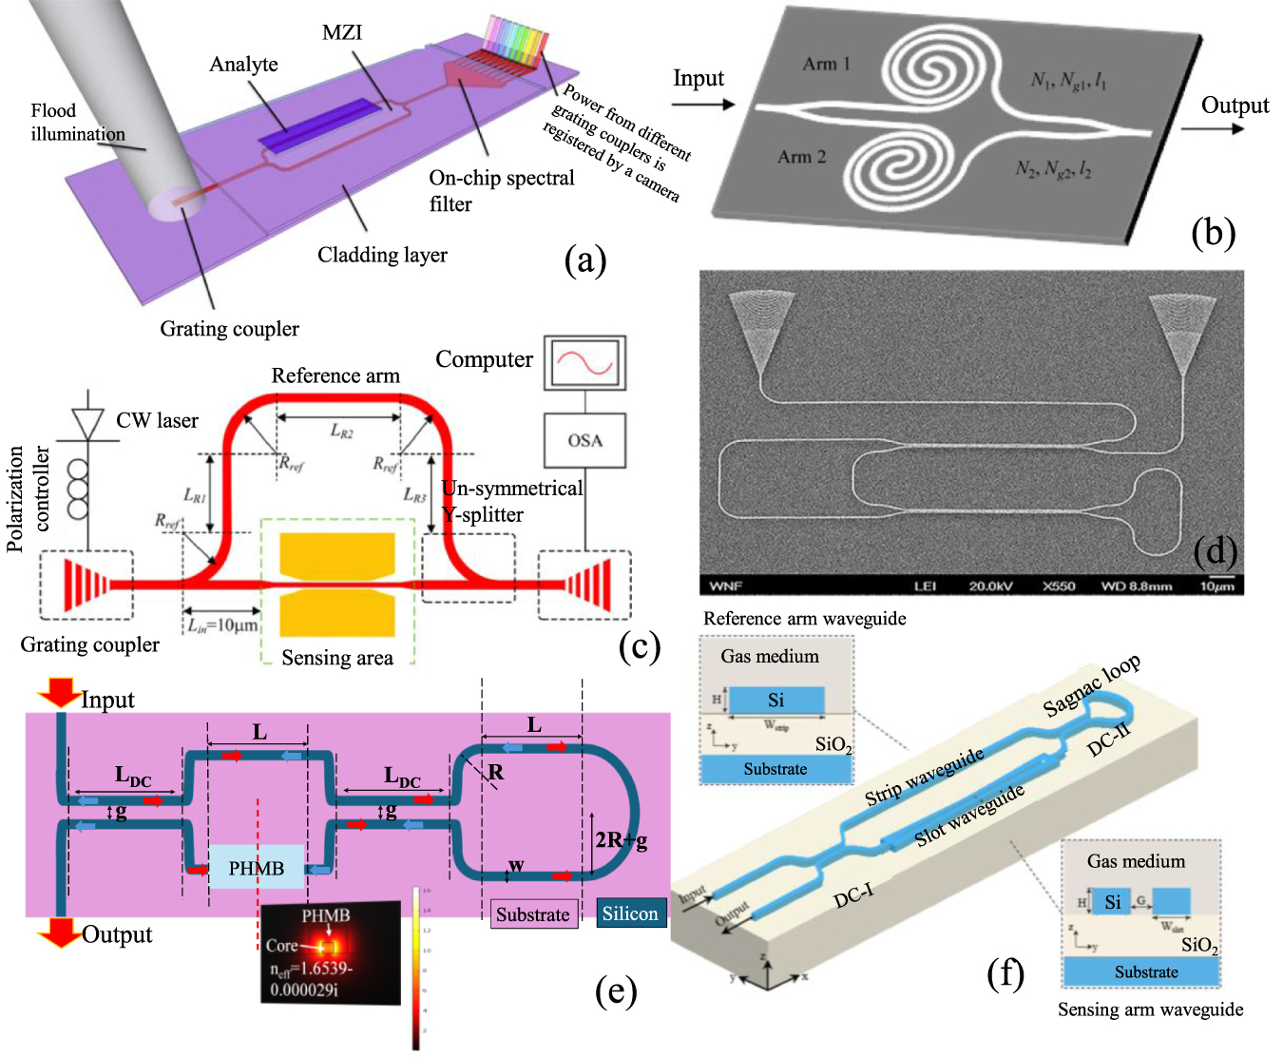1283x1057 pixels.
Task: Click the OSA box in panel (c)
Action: [x=584, y=440]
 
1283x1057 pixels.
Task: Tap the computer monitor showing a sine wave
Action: [x=584, y=362]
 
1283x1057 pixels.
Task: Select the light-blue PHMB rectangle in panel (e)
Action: [x=257, y=867]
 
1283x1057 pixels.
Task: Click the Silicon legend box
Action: [x=631, y=913]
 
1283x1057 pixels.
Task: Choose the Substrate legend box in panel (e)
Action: [x=533, y=914]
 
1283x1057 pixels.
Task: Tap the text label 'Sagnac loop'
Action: [x=1091, y=685]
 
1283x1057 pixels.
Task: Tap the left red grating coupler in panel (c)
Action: [x=86, y=584]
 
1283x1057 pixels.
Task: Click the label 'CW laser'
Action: [x=157, y=420]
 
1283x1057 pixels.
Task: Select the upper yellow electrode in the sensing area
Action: [x=336, y=555]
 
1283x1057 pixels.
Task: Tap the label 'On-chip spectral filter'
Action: [x=501, y=190]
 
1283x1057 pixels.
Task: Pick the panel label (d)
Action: [x=1215, y=550]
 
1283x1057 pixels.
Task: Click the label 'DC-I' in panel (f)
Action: [x=852, y=895]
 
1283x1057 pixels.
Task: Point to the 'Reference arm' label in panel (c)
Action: [x=335, y=375]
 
